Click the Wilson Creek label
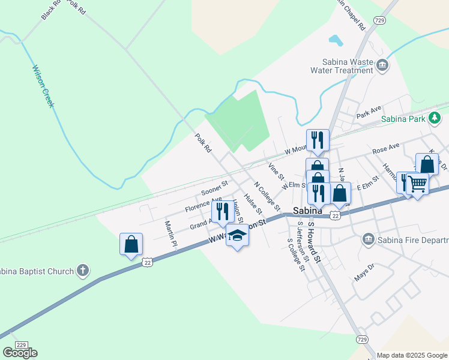pyautogui.click(x=44, y=86)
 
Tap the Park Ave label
pyautogui.click(x=369, y=112)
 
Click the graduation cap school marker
pyautogui.click(x=237, y=236)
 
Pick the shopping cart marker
pyautogui.click(x=418, y=184)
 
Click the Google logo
pyautogui.click(x=20, y=352)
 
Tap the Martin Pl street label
pyautogui.click(x=171, y=233)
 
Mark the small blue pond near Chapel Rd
pyautogui.click(x=335, y=41)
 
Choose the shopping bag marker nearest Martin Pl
pyautogui.click(x=131, y=244)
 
